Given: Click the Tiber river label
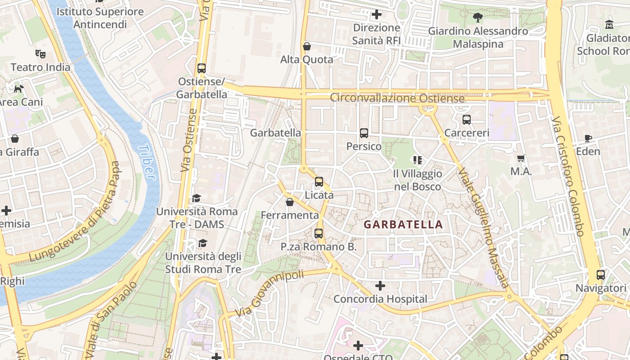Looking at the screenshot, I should tap(147, 162).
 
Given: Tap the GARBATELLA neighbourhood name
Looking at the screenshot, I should tap(403, 225).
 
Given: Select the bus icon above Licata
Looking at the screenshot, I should tap(319, 182).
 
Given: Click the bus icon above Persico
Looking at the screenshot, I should tap(364, 133).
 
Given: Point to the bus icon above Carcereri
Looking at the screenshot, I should tap(467, 120).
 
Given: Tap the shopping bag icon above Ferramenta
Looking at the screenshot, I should tap(290, 202).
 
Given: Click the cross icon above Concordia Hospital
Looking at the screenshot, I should tap(380, 286).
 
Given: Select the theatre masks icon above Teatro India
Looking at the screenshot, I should tap(40, 54).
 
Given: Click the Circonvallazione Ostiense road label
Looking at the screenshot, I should tap(397, 98).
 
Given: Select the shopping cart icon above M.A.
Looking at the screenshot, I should tap(521, 158).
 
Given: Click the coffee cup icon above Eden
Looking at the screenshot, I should tap(588, 138).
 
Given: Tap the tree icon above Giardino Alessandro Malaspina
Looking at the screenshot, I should tap(477, 18).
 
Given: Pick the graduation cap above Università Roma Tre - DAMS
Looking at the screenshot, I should tap(196, 198).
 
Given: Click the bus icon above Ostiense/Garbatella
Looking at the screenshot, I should tap(202, 68).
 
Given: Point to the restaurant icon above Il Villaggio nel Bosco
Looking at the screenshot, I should tap(417, 160).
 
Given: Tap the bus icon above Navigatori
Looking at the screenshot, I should tap(601, 274).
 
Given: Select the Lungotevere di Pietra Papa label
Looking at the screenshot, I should tap(76, 211).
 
